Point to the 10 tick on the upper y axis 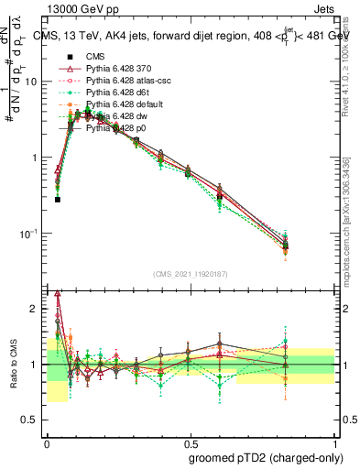click(x=31, y=81)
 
